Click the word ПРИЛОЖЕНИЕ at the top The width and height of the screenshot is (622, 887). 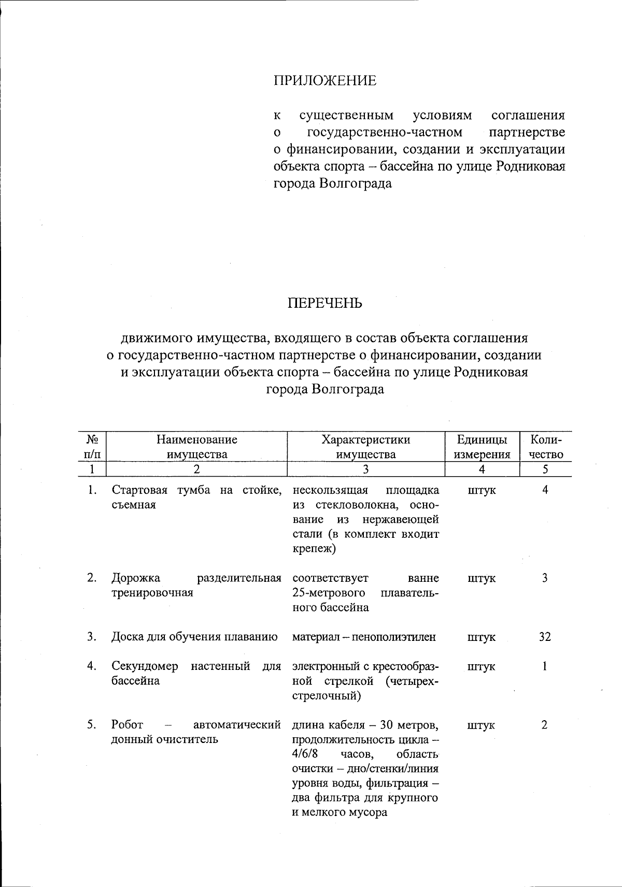point(324,81)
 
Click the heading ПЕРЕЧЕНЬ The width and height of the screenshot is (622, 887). point(325,303)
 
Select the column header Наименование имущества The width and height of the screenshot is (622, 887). point(197,447)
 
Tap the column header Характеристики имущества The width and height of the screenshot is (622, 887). point(365,447)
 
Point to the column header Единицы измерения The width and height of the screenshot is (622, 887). point(482,447)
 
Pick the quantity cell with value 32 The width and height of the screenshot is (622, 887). point(544,637)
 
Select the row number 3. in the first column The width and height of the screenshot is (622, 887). point(92,637)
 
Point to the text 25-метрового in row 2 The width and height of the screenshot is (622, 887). point(329,592)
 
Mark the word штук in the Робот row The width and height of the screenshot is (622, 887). point(481,725)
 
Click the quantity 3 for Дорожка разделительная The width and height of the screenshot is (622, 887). point(545,578)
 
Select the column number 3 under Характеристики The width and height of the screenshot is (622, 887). point(365,469)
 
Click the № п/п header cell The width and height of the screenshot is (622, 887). point(92,447)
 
